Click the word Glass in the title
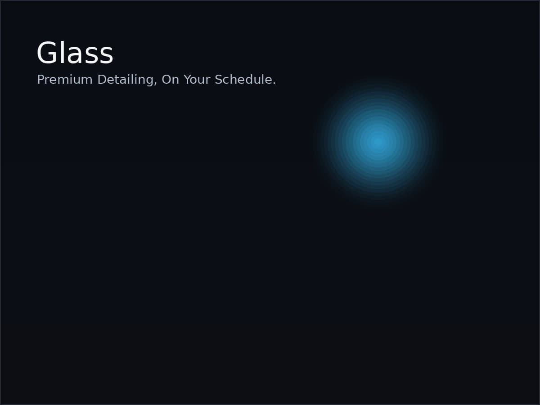75,53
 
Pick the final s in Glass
107,55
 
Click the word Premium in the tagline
65,80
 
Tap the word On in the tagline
170,80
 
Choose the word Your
197,80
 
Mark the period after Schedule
274,84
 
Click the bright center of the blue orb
378,142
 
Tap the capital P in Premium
40,80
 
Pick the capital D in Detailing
102,80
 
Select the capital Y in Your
187,80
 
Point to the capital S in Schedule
219,80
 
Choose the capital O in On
166,80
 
